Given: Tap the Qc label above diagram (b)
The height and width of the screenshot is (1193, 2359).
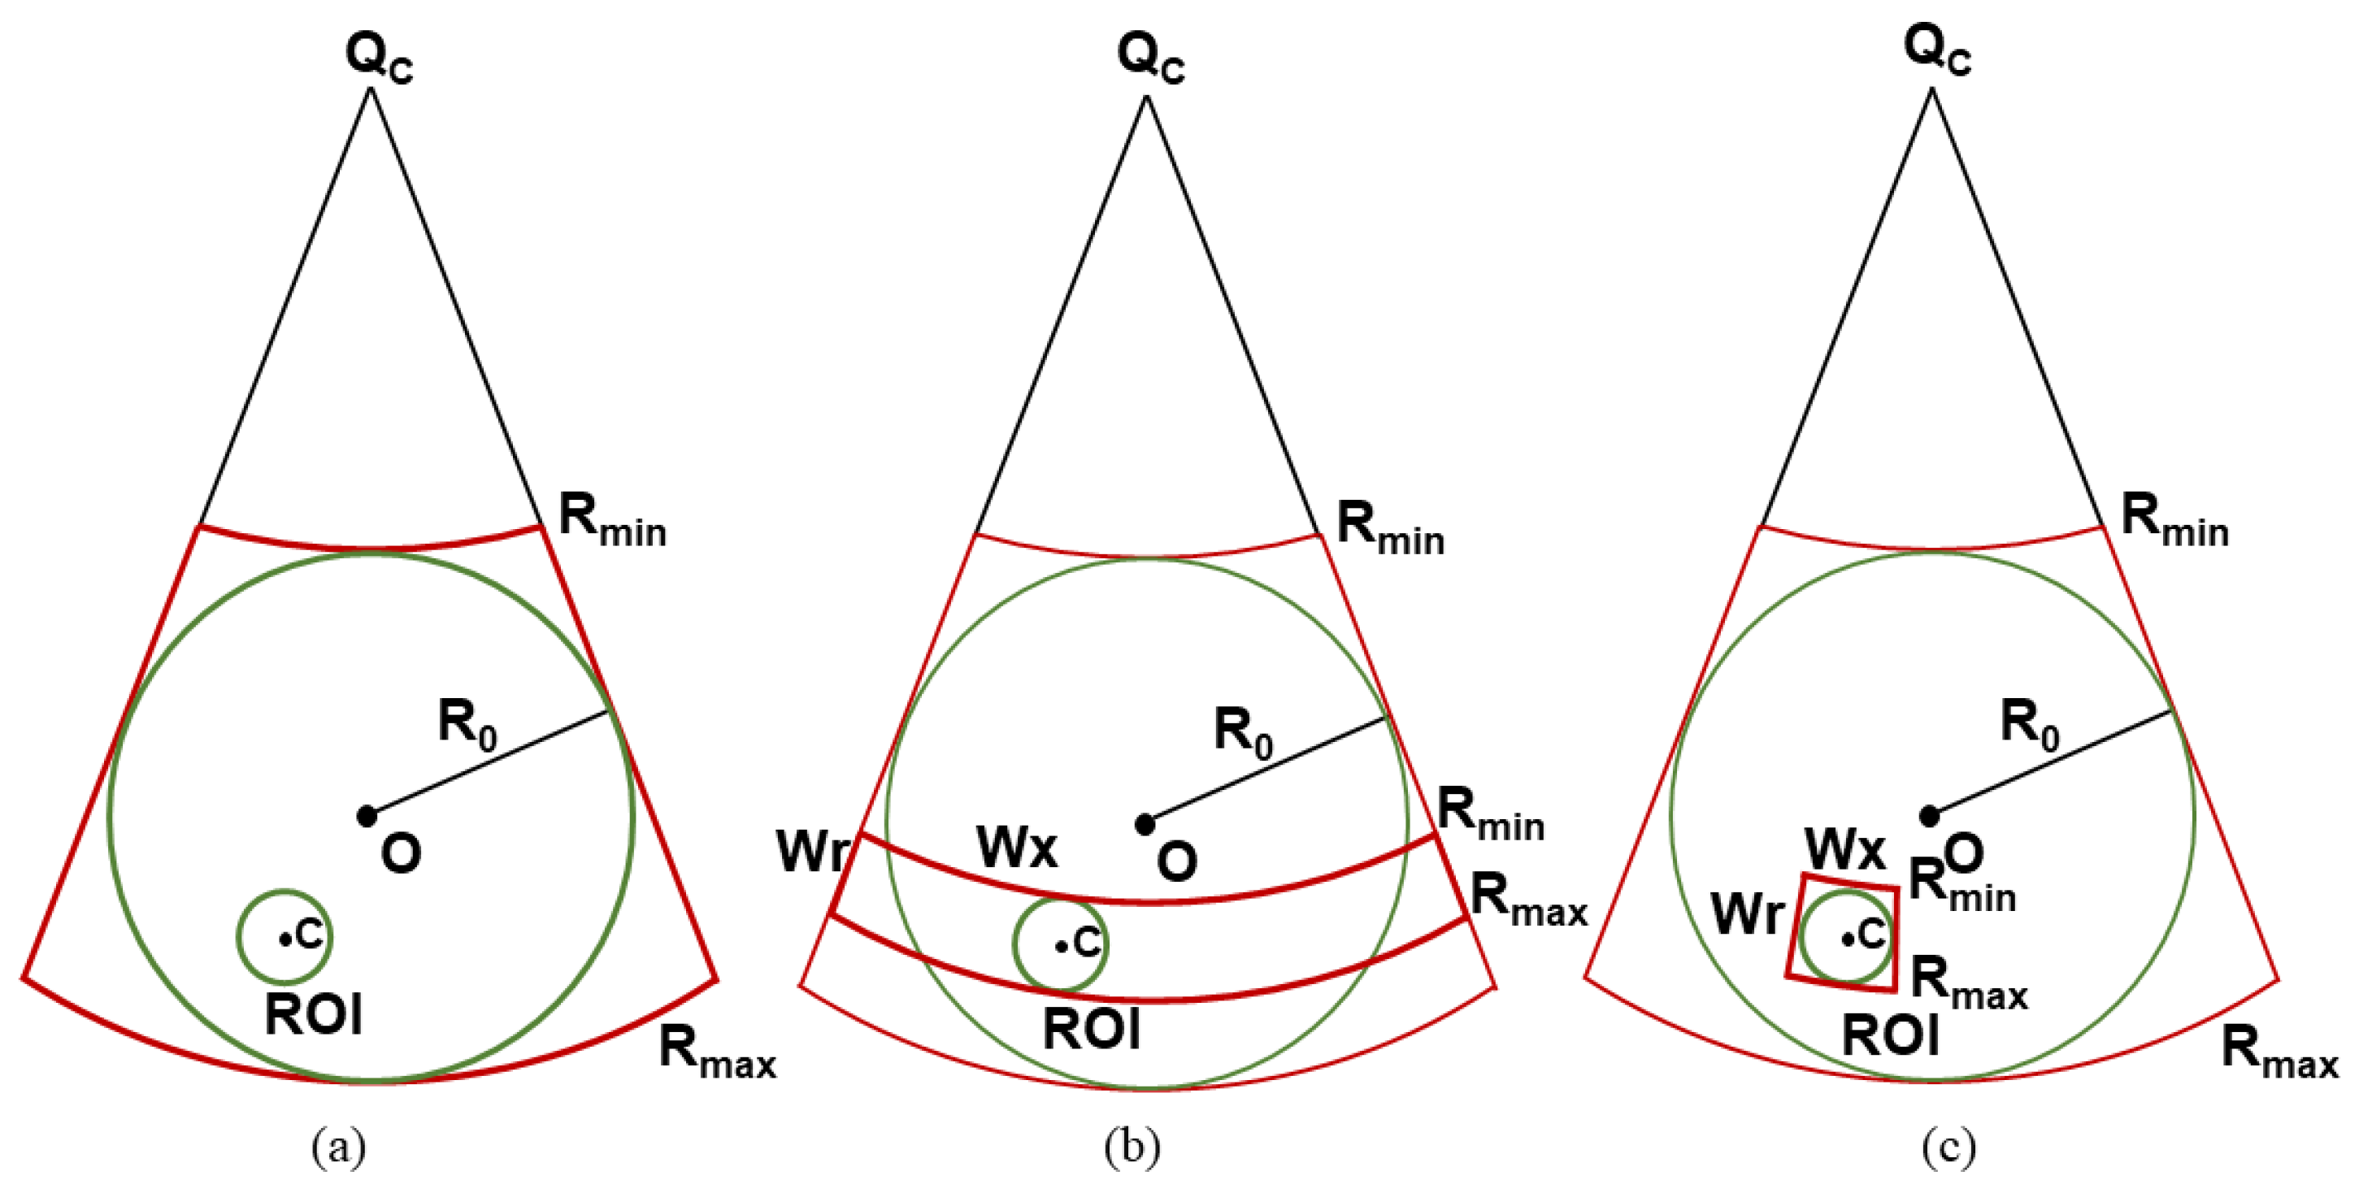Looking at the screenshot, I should [x=1150, y=57].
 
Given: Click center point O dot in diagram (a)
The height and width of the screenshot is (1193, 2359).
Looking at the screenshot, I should [x=367, y=815].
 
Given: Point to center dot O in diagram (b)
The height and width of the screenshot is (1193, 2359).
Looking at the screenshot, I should [x=1145, y=824].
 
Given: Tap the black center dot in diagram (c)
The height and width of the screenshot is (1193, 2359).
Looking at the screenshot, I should [x=1929, y=815].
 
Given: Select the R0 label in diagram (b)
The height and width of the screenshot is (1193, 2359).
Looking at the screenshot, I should [x=1243, y=732].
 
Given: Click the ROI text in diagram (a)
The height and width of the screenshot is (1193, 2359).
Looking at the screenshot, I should [x=313, y=1014].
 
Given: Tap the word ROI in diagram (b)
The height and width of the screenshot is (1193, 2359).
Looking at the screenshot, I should [x=1092, y=1030].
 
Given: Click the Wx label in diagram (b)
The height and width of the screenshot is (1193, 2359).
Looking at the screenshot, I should [x=1016, y=847].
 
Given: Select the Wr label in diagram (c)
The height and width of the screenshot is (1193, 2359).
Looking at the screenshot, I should [x=1747, y=913].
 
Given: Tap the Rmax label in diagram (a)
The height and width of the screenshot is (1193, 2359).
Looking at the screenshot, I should [x=717, y=1051].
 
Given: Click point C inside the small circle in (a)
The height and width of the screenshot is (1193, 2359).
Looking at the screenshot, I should [x=285, y=939].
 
